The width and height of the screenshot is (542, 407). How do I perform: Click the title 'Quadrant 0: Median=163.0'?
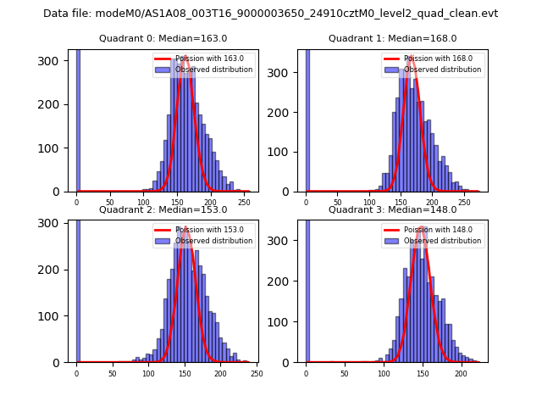tap(163, 38)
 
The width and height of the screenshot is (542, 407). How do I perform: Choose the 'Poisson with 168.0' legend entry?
tap(433, 59)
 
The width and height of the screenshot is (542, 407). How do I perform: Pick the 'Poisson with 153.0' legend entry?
tap(204, 230)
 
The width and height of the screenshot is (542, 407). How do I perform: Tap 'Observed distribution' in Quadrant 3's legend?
tap(442, 241)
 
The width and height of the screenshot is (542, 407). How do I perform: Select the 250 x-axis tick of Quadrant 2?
tap(257, 373)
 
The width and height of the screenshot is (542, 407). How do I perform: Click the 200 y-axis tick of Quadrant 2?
tap(58, 270)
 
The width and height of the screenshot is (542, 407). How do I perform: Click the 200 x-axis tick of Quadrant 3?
tap(461, 373)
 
